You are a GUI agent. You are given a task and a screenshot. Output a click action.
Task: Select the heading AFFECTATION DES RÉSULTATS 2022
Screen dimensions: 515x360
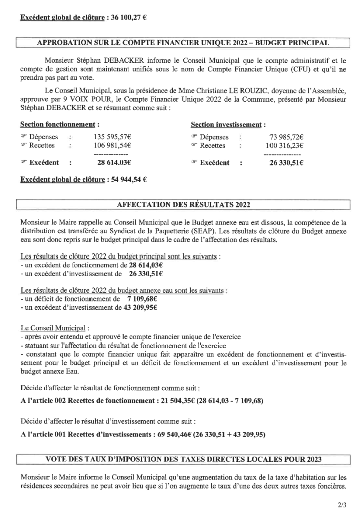point(183,204)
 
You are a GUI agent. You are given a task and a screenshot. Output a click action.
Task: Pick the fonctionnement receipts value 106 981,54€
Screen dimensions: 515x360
point(112,145)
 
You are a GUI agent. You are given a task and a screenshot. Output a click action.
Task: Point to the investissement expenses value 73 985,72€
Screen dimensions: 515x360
point(290,137)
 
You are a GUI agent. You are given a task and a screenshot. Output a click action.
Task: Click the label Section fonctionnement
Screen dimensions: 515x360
point(57,124)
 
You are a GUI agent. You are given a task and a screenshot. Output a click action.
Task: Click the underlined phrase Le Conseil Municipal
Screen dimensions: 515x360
point(54,328)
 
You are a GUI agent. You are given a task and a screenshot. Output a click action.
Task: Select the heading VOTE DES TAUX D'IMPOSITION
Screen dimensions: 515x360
point(183,459)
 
